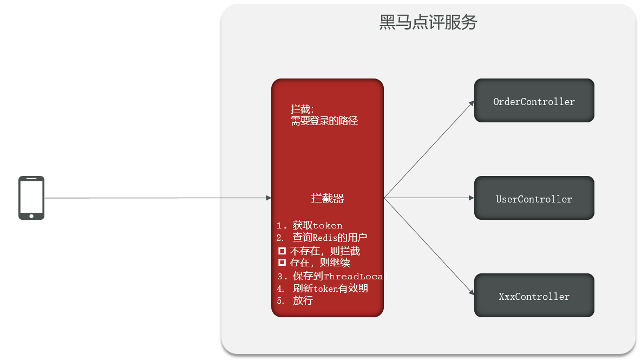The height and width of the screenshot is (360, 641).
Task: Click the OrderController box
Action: point(534,101)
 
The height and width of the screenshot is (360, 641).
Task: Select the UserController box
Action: point(534,198)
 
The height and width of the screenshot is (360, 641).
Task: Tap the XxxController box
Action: point(534,295)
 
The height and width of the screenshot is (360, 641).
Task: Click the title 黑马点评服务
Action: point(428,22)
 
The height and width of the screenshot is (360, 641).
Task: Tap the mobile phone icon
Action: point(31,198)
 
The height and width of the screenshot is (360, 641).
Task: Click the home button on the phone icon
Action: point(31,216)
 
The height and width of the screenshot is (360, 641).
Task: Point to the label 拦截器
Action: point(328,198)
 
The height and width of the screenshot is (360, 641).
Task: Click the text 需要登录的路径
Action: point(324,121)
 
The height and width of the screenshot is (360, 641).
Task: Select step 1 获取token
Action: point(310,225)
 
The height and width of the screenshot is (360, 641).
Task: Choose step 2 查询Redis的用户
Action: point(322,238)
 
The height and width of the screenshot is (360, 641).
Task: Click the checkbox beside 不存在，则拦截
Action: point(282,251)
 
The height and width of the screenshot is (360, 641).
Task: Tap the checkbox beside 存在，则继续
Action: point(282,262)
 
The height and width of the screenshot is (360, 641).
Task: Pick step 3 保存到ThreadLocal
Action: point(332,276)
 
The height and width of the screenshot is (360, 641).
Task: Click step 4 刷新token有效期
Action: point(323,289)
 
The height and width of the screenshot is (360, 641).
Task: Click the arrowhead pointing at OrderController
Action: point(472,103)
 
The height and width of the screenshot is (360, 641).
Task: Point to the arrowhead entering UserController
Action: point(472,198)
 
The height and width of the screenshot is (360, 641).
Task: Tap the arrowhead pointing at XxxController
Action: point(472,292)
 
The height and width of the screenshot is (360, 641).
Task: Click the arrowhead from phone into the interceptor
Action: point(269,198)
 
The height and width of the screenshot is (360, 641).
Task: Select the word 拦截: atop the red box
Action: point(302,109)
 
